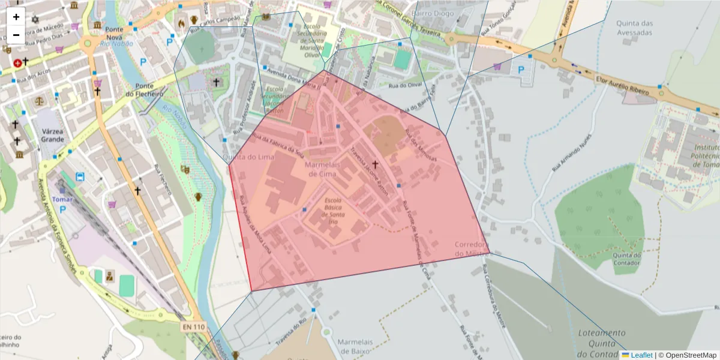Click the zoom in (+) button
(16, 17)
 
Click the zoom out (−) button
(16, 35)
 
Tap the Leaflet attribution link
(641, 355)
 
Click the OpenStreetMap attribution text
(691, 355)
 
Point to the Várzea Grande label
(53, 135)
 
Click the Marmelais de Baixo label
(356, 346)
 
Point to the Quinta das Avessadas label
(634, 28)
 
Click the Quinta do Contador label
(627, 259)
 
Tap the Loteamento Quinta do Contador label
(601, 343)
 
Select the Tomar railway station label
(62, 199)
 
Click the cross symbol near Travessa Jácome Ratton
(376, 164)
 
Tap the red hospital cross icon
(17, 62)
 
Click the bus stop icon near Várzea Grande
(80, 177)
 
